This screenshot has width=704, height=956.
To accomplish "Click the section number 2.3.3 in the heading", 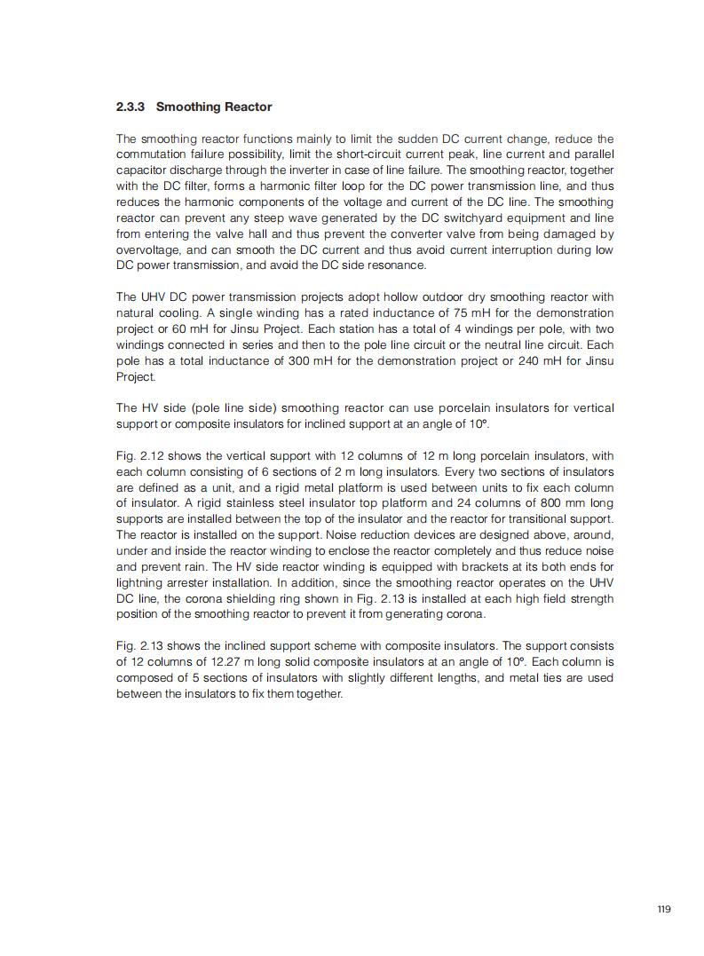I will click(x=132, y=107).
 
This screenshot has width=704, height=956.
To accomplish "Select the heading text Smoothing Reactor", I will click(x=214, y=107).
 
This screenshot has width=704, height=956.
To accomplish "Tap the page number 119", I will click(x=664, y=909).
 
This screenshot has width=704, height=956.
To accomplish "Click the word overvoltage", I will click(x=146, y=249).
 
